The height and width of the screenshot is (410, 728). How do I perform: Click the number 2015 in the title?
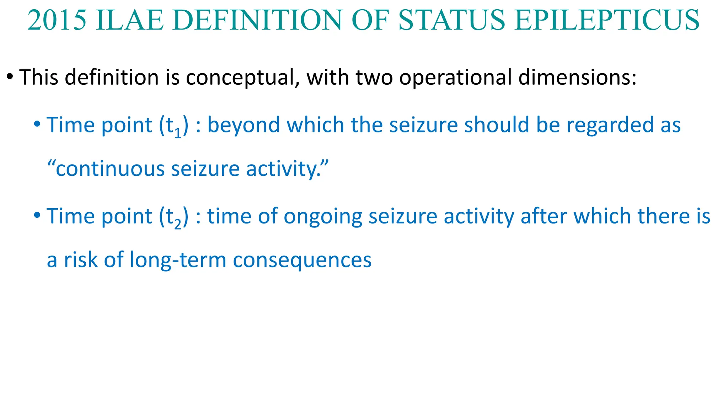[x=57, y=20]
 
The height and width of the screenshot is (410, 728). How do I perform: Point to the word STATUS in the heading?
[x=452, y=20]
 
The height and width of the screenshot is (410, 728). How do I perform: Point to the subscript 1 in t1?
[x=178, y=134]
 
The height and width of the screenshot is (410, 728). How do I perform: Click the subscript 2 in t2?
[x=178, y=225]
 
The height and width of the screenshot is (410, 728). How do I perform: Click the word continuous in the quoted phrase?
[x=111, y=169]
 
